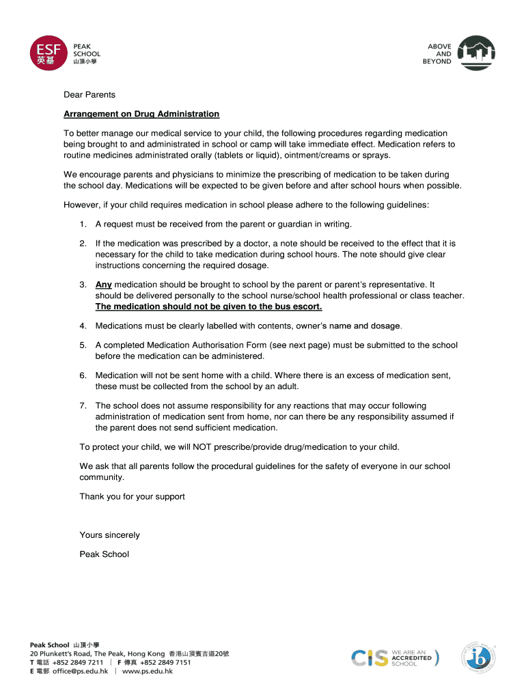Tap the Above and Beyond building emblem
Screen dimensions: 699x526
475,53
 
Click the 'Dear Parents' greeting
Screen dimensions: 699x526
89,95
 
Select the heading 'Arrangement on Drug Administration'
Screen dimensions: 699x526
141,114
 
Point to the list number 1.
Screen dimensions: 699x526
82,224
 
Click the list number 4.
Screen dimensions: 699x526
82,326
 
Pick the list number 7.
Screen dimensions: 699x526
82,406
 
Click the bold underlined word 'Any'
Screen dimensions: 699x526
103,285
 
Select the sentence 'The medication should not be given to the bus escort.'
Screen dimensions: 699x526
208,306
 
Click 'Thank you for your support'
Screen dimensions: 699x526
132,496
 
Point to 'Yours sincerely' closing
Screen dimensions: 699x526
109,535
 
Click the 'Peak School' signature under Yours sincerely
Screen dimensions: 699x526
104,554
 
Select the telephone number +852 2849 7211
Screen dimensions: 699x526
78,662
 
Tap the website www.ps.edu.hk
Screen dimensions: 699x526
147,672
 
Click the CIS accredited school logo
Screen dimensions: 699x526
395,658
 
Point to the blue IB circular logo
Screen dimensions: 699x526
480,658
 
